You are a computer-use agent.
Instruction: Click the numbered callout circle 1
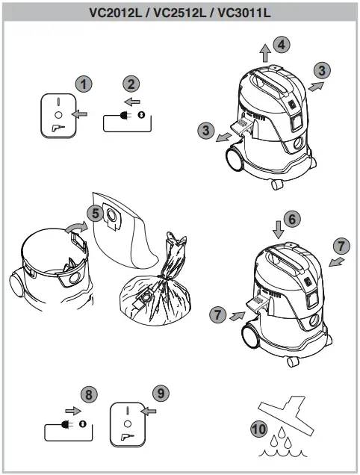tap(85, 84)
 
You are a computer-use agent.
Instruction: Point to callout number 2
tap(131, 84)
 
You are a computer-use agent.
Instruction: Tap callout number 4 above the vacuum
tap(280, 45)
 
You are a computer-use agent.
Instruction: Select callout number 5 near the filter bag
tap(93, 213)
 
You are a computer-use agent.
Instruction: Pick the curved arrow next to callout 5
tap(75, 226)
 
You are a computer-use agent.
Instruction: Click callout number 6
tap(292, 219)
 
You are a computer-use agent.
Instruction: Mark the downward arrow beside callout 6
tap(277, 228)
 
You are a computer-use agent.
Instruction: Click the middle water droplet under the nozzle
tap(286, 440)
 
